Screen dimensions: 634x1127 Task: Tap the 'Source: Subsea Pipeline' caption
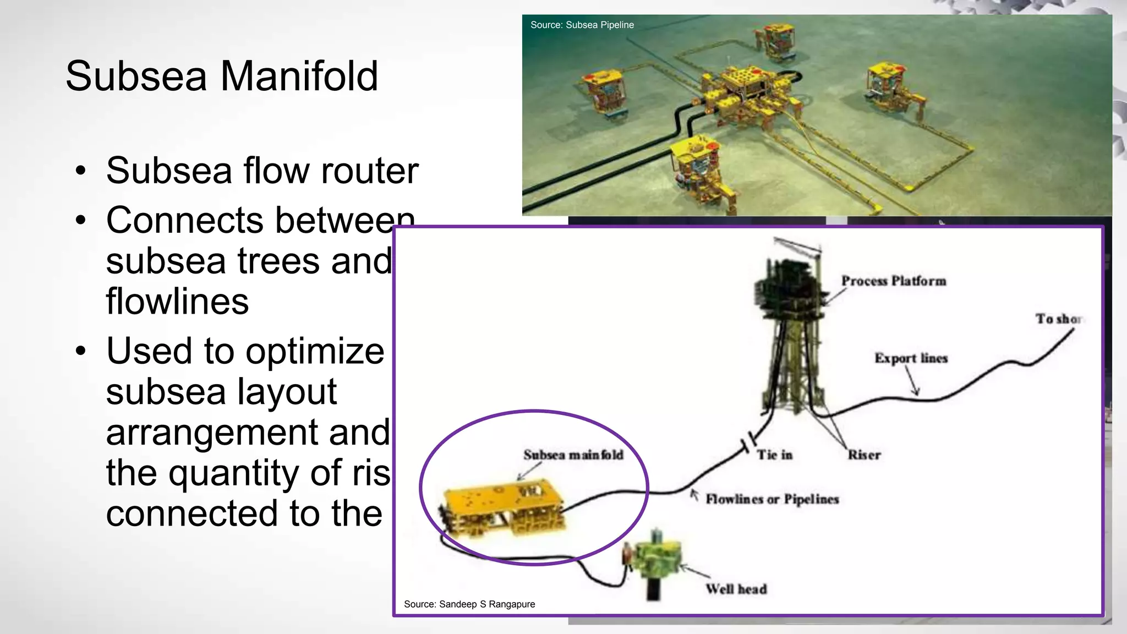coord(582,25)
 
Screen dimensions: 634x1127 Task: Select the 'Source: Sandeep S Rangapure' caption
coord(469,604)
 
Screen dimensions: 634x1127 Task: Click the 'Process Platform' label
coord(893,281)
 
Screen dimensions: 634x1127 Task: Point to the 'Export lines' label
coord(911,358)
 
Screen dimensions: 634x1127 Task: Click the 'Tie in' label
coord(774,455)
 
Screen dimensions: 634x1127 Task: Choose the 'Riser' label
coord(864,455)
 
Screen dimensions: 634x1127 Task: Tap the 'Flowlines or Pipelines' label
coord(772,499)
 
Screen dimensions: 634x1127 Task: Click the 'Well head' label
coord(736,589)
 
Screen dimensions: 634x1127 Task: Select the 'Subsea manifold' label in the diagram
coord(573,455)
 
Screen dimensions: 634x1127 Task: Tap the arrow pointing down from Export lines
coord(911,382)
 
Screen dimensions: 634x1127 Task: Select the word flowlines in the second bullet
coord(177,301)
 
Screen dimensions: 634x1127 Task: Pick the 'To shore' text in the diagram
coord(1058,319)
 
